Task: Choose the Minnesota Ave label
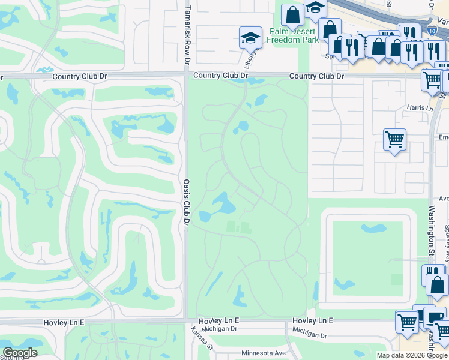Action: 265,353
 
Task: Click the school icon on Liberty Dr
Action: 250,38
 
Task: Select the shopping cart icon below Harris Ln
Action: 394,140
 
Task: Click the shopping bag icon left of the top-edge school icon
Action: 292,15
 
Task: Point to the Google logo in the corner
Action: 20,353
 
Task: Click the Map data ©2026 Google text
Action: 412,355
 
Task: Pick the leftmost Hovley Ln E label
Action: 64,322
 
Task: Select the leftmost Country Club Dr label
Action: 80,77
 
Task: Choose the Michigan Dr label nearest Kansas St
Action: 220,329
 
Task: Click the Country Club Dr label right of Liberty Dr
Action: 316,77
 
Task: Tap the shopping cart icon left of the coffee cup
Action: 407,322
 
